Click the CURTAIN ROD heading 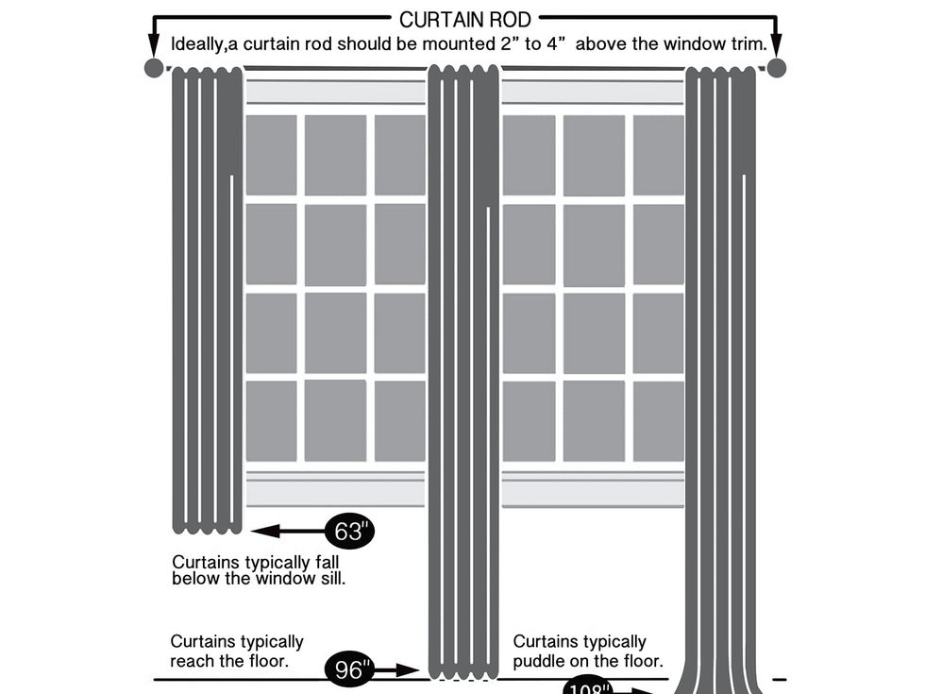click(464, 19)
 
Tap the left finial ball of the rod click(154, 68)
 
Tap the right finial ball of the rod click(776, 68)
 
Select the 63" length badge click(349, 532)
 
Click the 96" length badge click(349, 669)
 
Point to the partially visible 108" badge click(588, 686)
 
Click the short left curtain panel click(207, 302)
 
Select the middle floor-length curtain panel click(462, 378)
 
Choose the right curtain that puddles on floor click(722, 378)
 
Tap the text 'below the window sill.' click(259, 579)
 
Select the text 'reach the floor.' click(229, 661)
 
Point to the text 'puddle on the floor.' click(588, 661)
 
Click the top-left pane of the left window click(271, 155)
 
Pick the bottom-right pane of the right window click(658, 421)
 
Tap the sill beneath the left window click(335, 489)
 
